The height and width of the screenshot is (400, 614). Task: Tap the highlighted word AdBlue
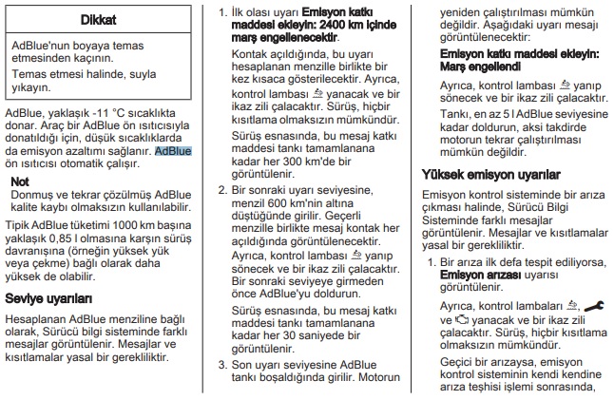[x=173, y=150]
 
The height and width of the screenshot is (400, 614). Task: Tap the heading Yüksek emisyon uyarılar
[x=485, y=174]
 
